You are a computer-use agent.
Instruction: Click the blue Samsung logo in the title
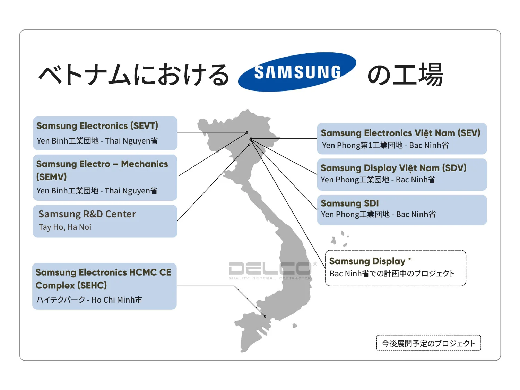pos(297,72)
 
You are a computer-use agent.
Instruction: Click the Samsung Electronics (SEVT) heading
pos(97,125)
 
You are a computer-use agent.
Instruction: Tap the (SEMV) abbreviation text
pos(51,177)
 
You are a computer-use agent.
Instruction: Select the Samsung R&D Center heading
pos(87,214)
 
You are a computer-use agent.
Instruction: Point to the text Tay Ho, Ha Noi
pos(65,227)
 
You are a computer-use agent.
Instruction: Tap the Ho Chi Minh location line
pos(89,300)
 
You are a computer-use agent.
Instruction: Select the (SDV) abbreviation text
pos(454,168)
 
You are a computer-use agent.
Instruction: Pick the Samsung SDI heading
pos(349,203)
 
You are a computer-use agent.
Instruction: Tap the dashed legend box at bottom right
pos(428,343)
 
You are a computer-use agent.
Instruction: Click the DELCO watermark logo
pos(270,269)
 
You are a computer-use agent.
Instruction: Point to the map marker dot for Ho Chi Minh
pos(265,317)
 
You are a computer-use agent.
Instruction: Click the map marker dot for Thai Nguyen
pos(247,132)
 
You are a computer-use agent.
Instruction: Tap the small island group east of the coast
pos(339,239)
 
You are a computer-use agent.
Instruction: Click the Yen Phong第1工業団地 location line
pos(385,145)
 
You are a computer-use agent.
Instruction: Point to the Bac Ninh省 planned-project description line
pos(392,274)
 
